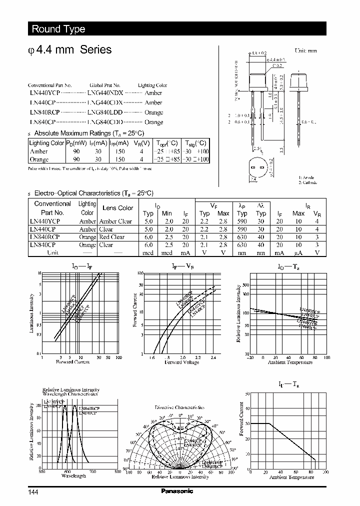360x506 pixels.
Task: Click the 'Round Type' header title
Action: (58, 29)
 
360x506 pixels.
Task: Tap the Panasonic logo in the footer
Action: (176, 491)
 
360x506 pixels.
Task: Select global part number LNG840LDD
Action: (104, 112)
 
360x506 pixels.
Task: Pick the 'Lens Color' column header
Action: (117, 208)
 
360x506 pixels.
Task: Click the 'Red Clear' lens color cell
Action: (111, 237)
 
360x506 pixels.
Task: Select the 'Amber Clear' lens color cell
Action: (115, 221)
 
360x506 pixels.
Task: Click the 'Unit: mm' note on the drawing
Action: (305, 51)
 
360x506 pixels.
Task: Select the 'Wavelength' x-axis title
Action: (73, 476)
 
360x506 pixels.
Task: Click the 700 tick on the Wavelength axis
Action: (92, 471)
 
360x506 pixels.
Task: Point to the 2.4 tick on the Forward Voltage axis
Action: (213, 358)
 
